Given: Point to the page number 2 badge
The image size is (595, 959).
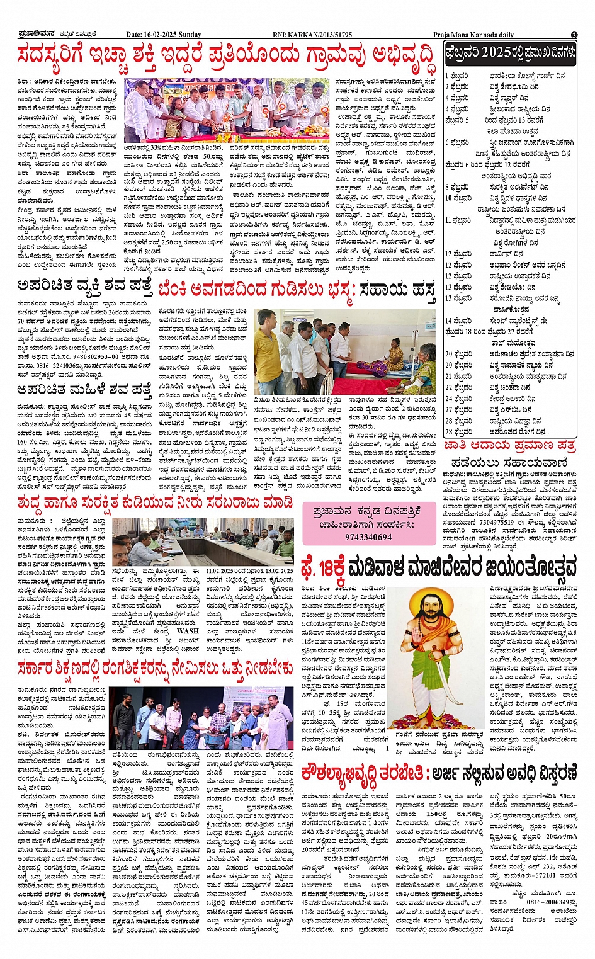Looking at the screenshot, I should click(x=574, y=35).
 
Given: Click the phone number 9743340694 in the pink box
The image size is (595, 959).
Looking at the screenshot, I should click(x=368, y=537).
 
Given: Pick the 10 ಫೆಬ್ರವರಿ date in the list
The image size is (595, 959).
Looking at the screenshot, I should click(x=458, y=198).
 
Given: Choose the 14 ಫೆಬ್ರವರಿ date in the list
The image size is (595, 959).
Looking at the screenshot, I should click(x=458, y=321).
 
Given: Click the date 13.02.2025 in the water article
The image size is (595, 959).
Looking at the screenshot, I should click(x=274, y=570).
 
